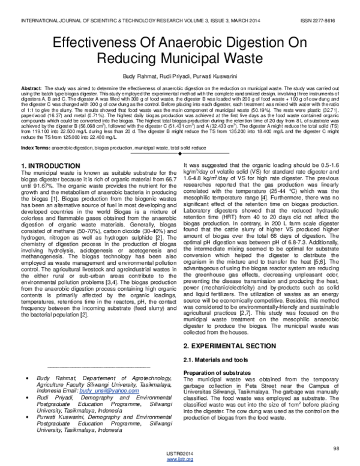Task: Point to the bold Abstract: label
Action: click(x=32, y=88)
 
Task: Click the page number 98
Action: click(x=336, y=447)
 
